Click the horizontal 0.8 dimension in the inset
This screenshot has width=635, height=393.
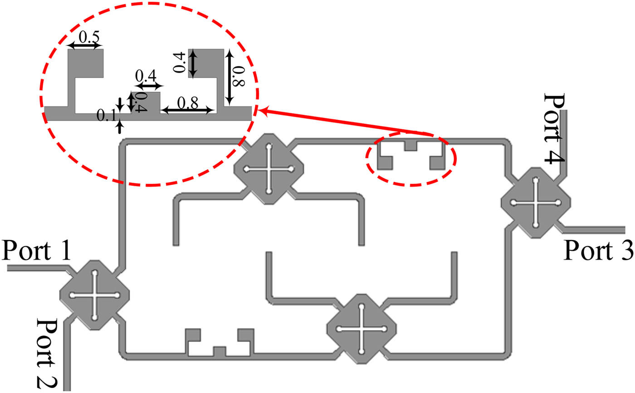(187, 104)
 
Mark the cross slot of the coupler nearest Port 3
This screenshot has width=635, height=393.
(536, 202)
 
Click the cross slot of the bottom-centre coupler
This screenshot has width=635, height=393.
(361, 328)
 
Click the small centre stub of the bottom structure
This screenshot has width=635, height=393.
(220, 350)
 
